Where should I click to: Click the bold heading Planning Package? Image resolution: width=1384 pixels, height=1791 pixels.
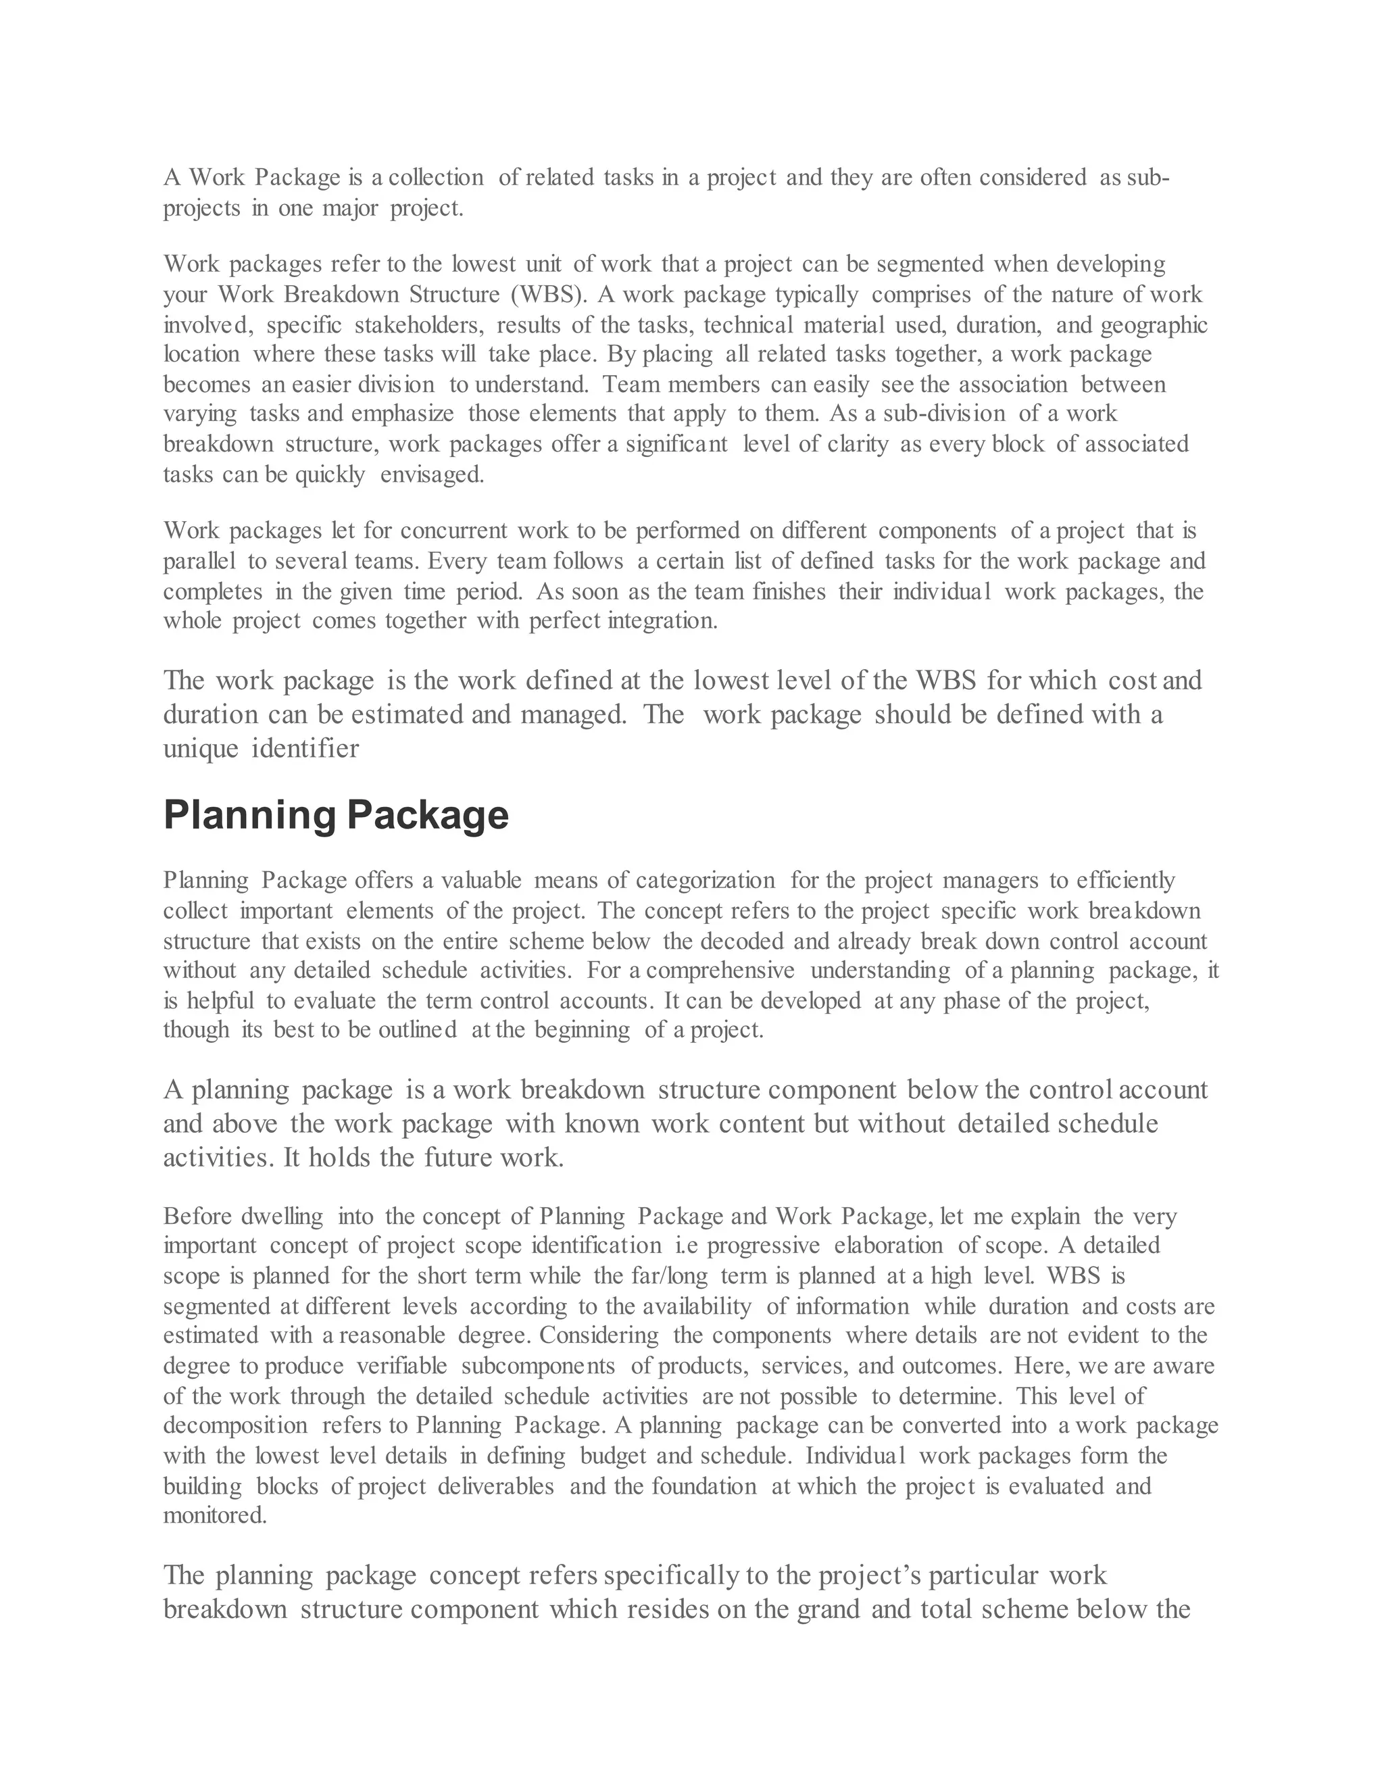(336, 815)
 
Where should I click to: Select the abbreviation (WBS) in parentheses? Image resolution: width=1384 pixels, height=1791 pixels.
(547, 295)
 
